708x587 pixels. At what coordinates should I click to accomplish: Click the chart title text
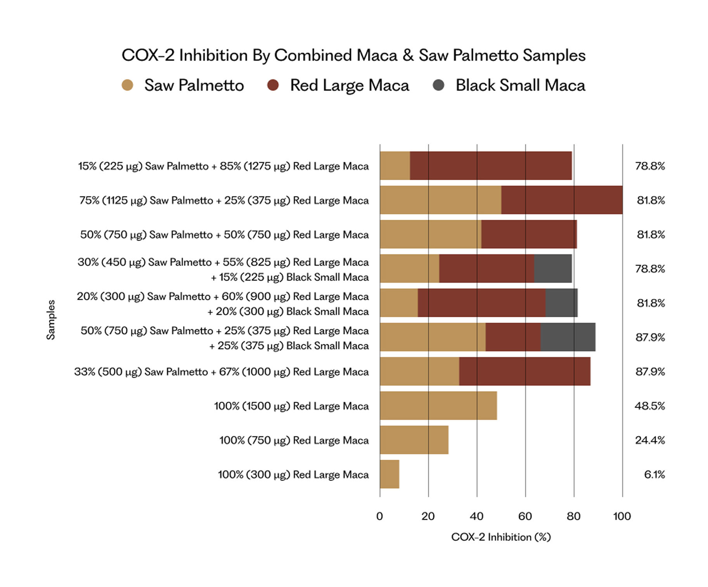[353, 55]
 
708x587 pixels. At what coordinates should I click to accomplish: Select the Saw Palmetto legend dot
[127, 85]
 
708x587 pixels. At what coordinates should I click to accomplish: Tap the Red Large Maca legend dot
[273, 85]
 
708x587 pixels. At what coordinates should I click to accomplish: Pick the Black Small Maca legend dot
[438, 85]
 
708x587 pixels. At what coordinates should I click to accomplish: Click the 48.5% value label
[649, 406]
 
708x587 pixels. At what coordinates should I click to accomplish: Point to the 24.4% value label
[650, 440]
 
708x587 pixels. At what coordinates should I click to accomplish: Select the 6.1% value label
[654, 474]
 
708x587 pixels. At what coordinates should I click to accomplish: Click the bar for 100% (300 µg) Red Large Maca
[389, 474]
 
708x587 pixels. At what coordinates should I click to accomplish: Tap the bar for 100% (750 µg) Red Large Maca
[414, 440]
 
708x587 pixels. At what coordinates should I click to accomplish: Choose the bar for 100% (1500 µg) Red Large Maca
[438, 406]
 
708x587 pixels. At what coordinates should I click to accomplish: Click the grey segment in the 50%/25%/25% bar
[568, 337]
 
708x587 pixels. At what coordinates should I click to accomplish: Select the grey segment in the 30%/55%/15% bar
[553, 269]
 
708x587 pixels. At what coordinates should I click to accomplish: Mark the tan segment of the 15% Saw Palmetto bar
[395, 166]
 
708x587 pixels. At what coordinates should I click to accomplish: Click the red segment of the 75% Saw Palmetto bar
[562, 200]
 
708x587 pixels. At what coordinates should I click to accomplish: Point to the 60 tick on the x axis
[525, 516]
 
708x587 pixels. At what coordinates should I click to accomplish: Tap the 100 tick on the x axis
[622, 516]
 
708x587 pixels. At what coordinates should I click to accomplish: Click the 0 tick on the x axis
[379, 516]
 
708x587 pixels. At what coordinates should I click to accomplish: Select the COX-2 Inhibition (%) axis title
[501, 537]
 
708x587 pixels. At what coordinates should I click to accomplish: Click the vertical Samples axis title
[51, 320]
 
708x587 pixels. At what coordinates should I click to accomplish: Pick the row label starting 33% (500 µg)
[221, 372]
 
